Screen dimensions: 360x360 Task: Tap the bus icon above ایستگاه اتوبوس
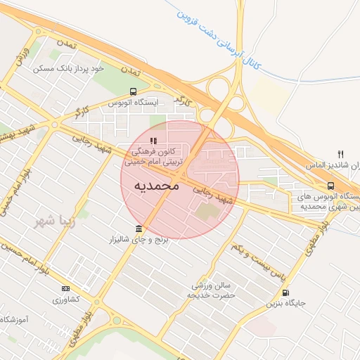(x=134, y=91)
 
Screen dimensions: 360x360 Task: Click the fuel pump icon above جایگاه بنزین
(x=285, y=293)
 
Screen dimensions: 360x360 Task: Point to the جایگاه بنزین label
(x=285, y=304)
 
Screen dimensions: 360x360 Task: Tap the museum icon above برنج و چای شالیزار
(x=138, y=229)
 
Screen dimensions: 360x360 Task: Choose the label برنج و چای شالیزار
(x=138, y=240)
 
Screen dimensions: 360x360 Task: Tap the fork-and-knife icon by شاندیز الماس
(x=341, y=154)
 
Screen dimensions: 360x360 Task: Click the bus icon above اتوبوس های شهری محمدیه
(x=330, y=186)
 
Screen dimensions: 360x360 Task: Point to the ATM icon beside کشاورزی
(x=66, y=288)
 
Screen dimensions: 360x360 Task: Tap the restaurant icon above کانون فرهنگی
(x=153, y=141)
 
